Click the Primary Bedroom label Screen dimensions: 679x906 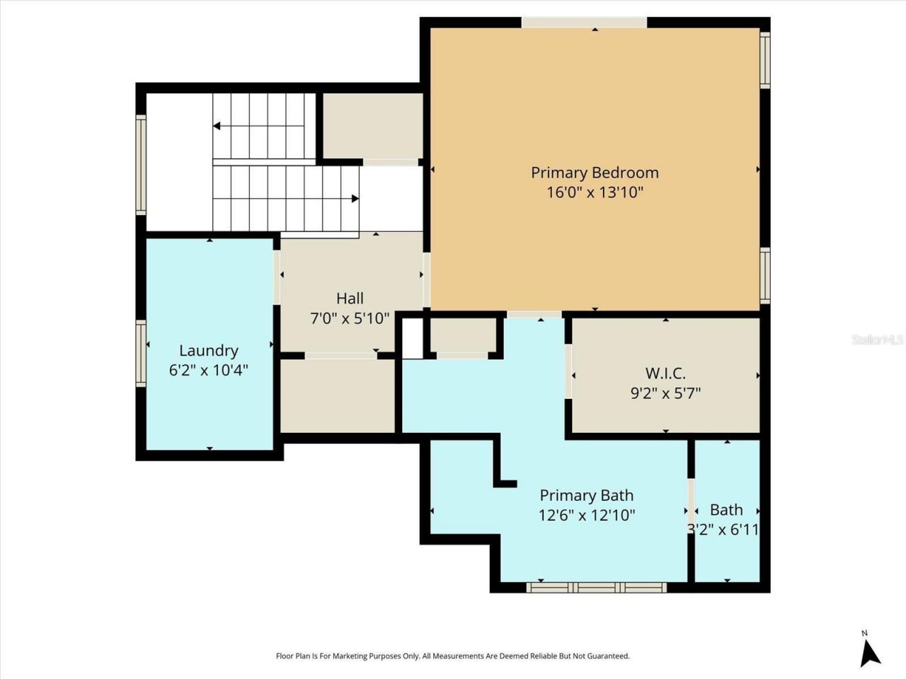[x=595, y=173]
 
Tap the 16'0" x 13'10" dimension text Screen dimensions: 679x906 [x=595, y=192]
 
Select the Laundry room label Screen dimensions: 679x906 [x=208, y=350]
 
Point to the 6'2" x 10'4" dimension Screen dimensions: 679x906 [x=208, y=369]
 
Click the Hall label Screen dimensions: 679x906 [x=350, y=298]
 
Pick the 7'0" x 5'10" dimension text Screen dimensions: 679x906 [x=350, y=318]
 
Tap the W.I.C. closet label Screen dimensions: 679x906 [x=665, y=373]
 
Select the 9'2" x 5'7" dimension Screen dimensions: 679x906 [x=665, y=393]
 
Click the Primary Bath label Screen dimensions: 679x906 [x=586, y=495]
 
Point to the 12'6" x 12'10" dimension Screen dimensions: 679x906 [x=586, y=515]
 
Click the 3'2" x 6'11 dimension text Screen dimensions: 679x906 [x=723, y=529]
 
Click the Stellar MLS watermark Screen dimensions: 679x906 [x=878, y=339]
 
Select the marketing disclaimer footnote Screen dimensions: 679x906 [x=452, y=656]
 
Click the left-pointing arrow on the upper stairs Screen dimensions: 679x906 [x=217, y=126]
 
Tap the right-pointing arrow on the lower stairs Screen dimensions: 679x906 [x=355, y=199]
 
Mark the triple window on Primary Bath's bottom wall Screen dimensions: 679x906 [x=597, y=587]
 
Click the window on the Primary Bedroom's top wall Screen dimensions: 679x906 [x=584, y=23]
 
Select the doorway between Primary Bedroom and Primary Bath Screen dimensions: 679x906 [x=534, y=314]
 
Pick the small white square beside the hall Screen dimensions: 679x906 [x=412, y=338]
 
